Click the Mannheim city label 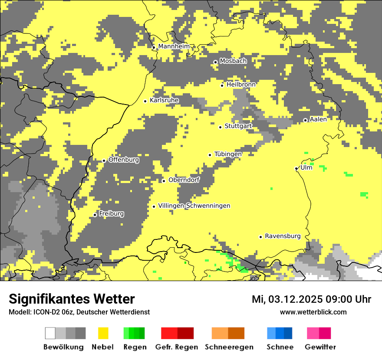point(174,46)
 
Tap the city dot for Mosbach point(215,62)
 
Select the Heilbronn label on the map point(241,85)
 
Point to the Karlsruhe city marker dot point(145,101)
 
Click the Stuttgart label point(238,126)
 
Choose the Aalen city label point(318,119)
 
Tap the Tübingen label point(228,154)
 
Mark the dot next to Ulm point(296,168)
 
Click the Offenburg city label point(124,160)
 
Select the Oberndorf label point(184,180)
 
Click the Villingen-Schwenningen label point(194,206)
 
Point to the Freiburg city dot point(95,215)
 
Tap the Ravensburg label point(283,236)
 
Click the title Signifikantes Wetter point(72,299)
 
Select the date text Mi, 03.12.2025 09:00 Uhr point(311,299)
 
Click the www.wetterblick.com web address point(313,312)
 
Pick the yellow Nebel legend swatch point(103,333)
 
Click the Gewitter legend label point(320,347)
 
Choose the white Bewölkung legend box point(50,333)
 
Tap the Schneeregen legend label point(229,347)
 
